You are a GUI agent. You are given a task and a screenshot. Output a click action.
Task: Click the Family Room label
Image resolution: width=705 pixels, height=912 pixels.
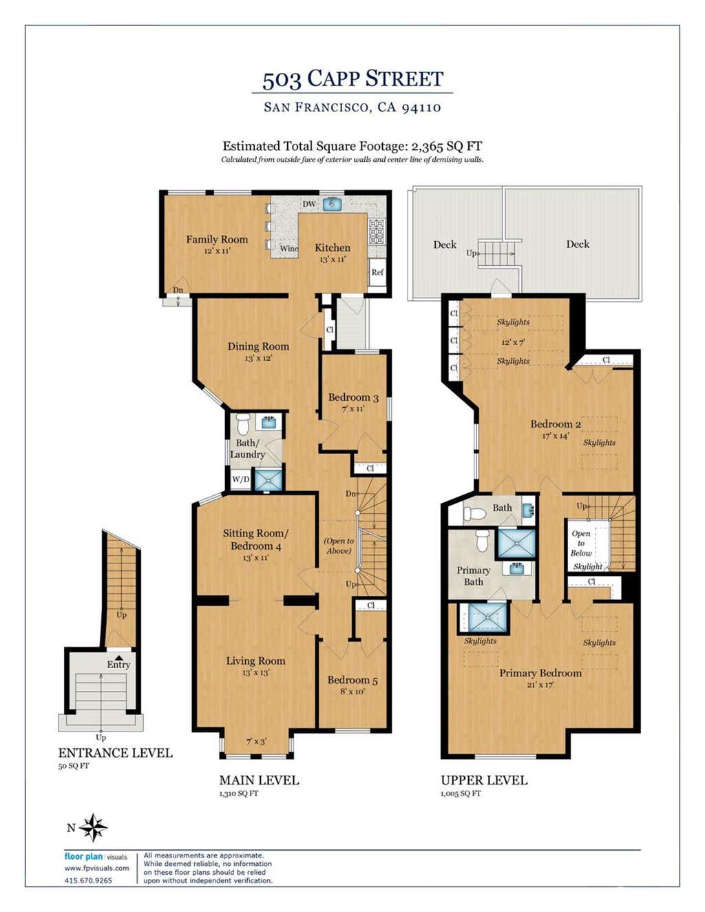tap(217, 239)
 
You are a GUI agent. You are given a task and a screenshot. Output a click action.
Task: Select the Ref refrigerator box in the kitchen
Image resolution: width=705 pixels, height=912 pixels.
tap(377, 272)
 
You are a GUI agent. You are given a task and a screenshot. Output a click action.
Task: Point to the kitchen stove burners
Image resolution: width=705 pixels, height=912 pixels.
tap(376, 231)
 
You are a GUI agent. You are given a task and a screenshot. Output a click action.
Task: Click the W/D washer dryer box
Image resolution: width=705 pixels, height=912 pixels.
tap(241, 479)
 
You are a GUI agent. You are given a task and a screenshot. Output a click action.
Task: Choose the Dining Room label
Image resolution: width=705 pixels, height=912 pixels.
tap(258, 346)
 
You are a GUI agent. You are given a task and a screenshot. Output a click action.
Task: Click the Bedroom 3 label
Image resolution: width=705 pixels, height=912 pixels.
tap(353, 397)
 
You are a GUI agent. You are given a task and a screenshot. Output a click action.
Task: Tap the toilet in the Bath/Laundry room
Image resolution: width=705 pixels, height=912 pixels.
tap(243, 424)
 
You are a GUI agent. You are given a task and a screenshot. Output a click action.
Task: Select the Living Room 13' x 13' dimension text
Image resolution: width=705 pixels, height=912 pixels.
tap(255, 672)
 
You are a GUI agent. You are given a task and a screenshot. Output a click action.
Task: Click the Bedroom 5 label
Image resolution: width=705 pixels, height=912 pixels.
tap(352, 679)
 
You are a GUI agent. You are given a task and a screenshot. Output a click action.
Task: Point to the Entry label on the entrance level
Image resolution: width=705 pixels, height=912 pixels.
tap(118, 665)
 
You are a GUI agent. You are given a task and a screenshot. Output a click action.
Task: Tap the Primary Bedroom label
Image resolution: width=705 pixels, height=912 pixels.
tap(540, 673)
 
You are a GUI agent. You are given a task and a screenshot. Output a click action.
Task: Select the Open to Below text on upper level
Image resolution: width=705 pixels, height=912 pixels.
tap(581, 543)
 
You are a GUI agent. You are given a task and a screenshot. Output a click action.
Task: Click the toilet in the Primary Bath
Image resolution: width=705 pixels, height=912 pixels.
tap(483, 540)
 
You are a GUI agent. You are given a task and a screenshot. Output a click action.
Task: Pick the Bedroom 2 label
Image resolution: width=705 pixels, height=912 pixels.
tap(556, 424)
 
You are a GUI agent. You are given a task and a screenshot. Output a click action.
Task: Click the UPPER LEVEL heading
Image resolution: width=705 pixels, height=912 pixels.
tap(484, 780)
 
